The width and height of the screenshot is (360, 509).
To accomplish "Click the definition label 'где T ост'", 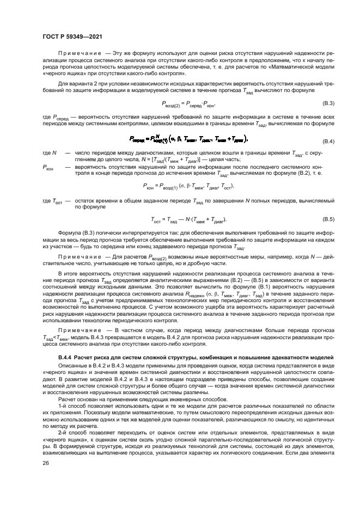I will [51, 201].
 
